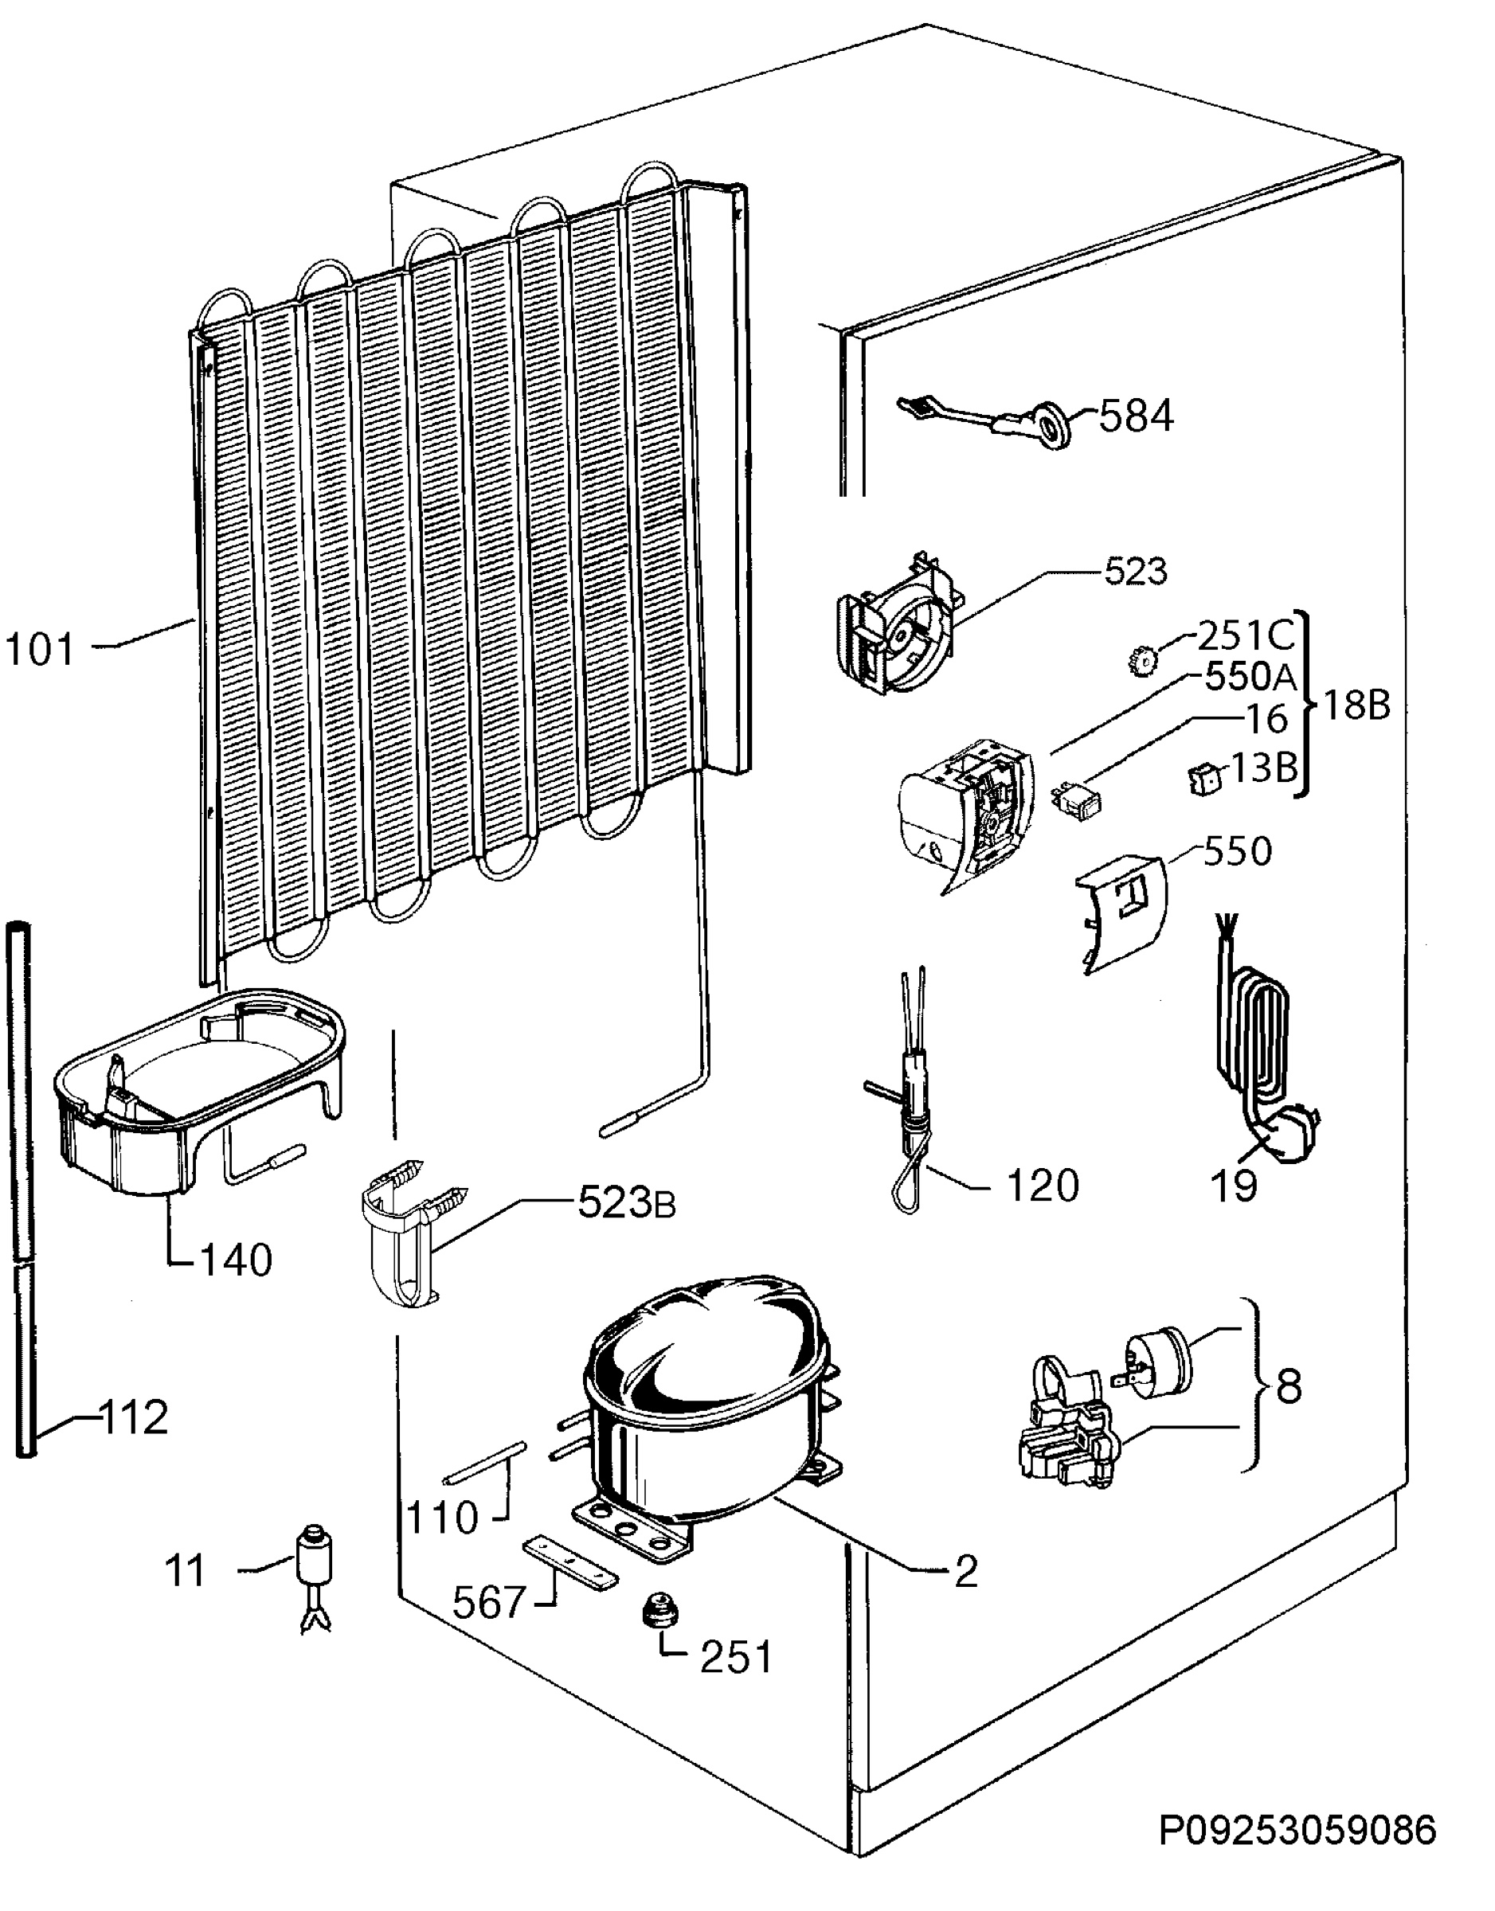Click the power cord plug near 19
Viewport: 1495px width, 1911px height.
point(1289,1133)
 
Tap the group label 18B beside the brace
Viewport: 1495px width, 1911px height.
point(1355,706)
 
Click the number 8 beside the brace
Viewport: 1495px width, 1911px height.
point(1289,1387)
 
